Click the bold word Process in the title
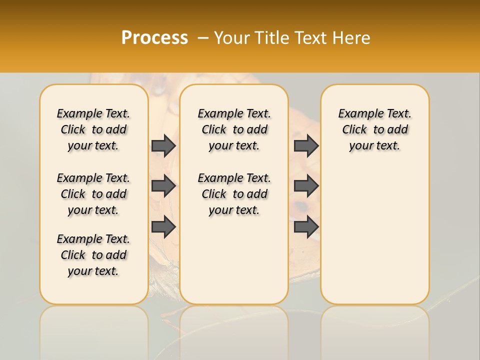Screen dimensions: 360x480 tap(154, 38)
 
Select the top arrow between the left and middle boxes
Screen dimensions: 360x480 tap(163, 145)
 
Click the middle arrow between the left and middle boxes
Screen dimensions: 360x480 tap(163, 186)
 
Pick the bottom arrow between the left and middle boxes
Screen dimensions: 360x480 tap(163, 226)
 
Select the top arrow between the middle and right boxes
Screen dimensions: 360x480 tap(306, 145)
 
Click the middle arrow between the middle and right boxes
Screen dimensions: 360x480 tap(306, 186)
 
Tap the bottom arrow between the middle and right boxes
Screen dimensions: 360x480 tap(306, 226)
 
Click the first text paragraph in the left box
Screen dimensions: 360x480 tap(93, 129)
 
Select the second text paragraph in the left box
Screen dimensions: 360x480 tap(93, 194)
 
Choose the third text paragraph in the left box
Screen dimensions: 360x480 tap(93, 255)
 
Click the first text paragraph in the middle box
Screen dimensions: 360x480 tap(234, 129)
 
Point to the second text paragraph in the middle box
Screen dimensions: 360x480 tap(234, 194)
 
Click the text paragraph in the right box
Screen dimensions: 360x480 tap(374, 129)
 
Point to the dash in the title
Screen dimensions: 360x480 tap(203, 38)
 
